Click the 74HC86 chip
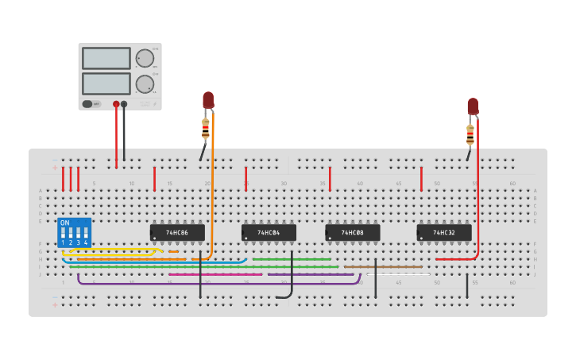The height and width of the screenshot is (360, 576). click(x=177, y=233)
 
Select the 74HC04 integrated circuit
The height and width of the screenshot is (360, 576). click(x=269, y=233)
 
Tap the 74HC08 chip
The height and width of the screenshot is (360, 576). click(x=353, y=233)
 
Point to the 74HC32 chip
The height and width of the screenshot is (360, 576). click(x=444, y=233)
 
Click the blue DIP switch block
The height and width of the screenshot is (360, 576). click(x=74, y=233)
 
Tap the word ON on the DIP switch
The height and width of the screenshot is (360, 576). click(x=65, y=223)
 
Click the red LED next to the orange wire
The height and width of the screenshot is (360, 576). click(x=208, y=100)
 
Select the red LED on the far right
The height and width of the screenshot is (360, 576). click(x=473, y=106)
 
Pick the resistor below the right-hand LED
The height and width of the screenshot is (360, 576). click(x=470, y=134)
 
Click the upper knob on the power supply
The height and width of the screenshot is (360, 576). click(x=144, y=58)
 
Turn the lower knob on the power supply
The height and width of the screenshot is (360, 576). click(x=144, y=84)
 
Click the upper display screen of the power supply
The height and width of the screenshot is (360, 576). click(x=106, y=58)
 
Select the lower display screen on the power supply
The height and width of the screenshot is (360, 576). click(x=106, y=83)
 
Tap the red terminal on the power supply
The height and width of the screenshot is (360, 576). click(x=116, y=104)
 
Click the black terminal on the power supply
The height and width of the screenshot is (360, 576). click(x=124, y=104)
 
